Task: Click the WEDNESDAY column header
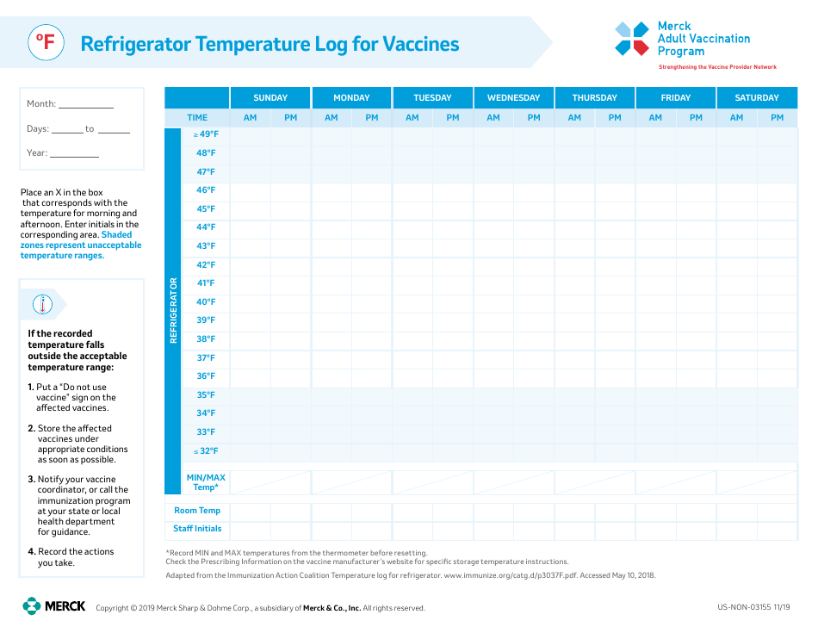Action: [513, 97]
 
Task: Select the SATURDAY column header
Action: [757, 97]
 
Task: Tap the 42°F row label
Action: [206, 265]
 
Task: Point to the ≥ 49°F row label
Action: [206, 134]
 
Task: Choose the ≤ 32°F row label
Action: [206, 451]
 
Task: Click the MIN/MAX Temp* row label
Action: [206, 482]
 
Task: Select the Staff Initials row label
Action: [197, 529]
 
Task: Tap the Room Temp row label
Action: [197, 511]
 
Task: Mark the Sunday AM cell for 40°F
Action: [250, 302]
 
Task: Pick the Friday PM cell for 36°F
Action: [696, 376]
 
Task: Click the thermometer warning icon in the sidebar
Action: [42, 304]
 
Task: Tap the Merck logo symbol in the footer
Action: [32, 606]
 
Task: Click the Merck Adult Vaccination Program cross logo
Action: [631, 39]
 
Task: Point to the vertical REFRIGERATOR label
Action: [173, 310]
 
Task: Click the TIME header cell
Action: [197, 117]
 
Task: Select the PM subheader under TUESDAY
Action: [453, 117]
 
